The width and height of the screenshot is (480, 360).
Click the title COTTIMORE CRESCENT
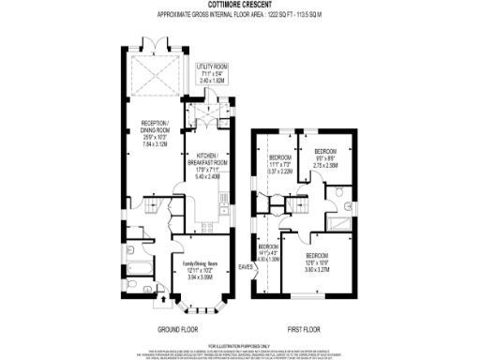pos(240,5)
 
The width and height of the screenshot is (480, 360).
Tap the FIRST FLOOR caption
pos(307,328)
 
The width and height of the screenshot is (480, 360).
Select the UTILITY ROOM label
pos(212,74)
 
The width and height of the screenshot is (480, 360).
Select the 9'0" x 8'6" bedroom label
pos(326,159)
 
